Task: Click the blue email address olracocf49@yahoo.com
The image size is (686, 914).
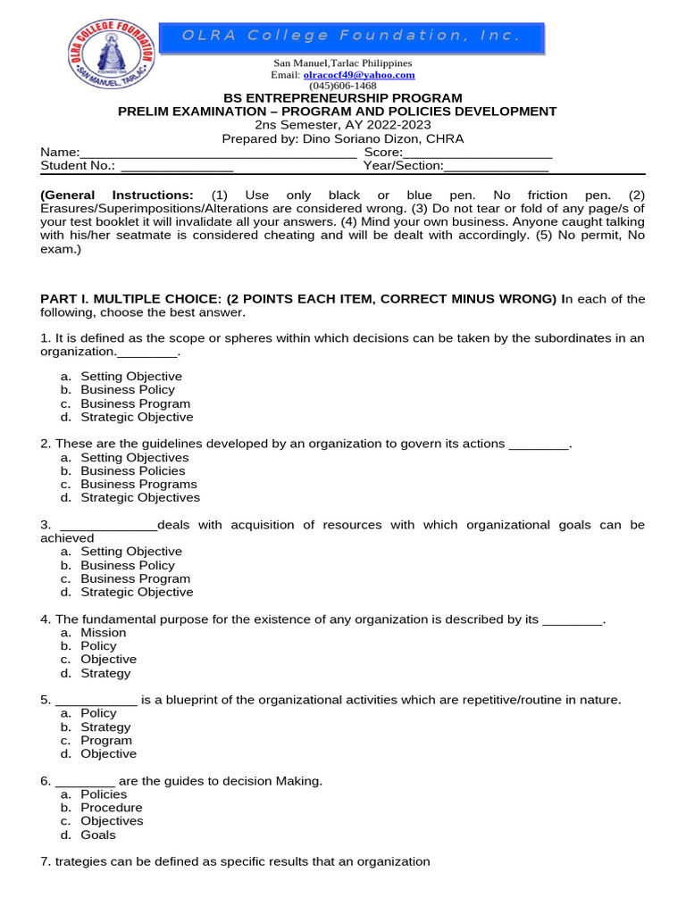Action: click(346, 75)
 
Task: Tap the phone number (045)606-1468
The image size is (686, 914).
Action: click(342, 86)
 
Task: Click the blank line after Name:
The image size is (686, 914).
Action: click(218, 153)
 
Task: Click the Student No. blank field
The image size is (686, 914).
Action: click(177, 166)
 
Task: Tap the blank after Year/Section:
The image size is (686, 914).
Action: click(496, 166)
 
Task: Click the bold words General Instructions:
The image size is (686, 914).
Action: click(117, 195)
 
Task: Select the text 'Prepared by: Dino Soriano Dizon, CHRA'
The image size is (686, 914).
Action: click(342, 139)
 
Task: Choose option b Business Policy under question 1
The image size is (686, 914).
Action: click(127, 390)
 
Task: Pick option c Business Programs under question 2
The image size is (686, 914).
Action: click(138, 485)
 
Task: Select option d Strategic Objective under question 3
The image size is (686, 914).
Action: click(136, 593)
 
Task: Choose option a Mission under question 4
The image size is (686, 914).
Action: click(103, 633)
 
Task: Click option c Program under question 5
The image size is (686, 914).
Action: click(105, 741)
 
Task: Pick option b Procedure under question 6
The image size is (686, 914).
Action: click(111, 808)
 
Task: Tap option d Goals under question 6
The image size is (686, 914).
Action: click(97, 835)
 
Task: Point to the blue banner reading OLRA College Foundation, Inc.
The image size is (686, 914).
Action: click(351, 37)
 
